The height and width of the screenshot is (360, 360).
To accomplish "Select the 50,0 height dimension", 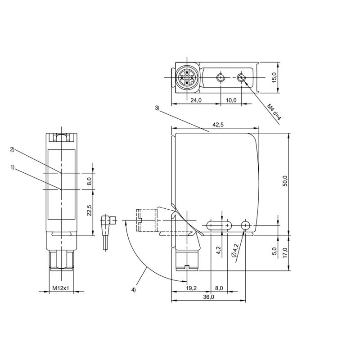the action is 285,181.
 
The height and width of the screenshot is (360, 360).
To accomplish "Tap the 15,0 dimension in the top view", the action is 274,77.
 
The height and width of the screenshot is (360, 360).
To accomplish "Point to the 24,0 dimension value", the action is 196,100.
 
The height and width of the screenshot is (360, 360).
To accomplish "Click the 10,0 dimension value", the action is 231,100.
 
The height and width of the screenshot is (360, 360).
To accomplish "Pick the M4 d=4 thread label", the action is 274,112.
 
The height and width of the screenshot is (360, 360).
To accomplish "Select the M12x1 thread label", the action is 61,288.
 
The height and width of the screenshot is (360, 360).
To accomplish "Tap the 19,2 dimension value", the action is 191,288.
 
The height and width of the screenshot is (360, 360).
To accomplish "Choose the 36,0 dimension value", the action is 208,297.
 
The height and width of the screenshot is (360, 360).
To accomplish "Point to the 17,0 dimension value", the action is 285,253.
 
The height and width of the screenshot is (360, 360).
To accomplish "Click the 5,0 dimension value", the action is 274,251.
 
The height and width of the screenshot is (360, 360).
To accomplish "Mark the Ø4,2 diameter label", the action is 235,251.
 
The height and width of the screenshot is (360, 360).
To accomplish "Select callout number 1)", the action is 13,167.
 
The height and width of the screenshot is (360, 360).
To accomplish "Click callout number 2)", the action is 13,149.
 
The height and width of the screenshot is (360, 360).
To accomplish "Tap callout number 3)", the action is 157,108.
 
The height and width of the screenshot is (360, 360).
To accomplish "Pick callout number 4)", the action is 133,290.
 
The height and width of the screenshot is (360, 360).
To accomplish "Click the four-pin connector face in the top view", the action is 187,77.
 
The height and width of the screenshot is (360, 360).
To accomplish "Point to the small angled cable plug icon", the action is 108,232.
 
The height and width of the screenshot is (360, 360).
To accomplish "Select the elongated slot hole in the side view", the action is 219,225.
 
